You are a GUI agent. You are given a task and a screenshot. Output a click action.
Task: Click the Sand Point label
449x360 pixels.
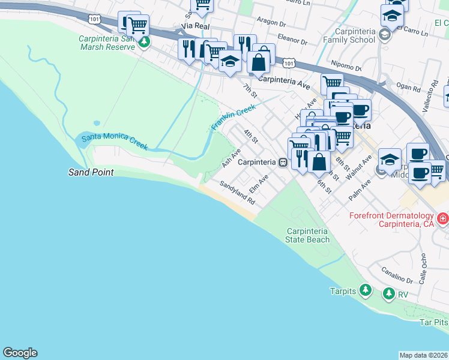point(90,172)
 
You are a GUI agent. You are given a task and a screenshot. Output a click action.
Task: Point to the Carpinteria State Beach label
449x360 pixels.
point(308,235)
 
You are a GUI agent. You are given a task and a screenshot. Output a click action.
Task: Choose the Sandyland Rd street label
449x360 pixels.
point(238,193)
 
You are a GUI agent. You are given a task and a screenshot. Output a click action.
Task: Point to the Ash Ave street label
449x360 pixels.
point(231,158)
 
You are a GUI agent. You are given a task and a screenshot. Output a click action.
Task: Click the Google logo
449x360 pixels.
point(20,353)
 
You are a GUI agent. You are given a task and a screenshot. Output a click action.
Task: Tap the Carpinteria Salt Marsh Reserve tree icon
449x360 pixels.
point(143,43)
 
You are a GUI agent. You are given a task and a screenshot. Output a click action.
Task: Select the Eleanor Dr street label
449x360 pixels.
point(292,43)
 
